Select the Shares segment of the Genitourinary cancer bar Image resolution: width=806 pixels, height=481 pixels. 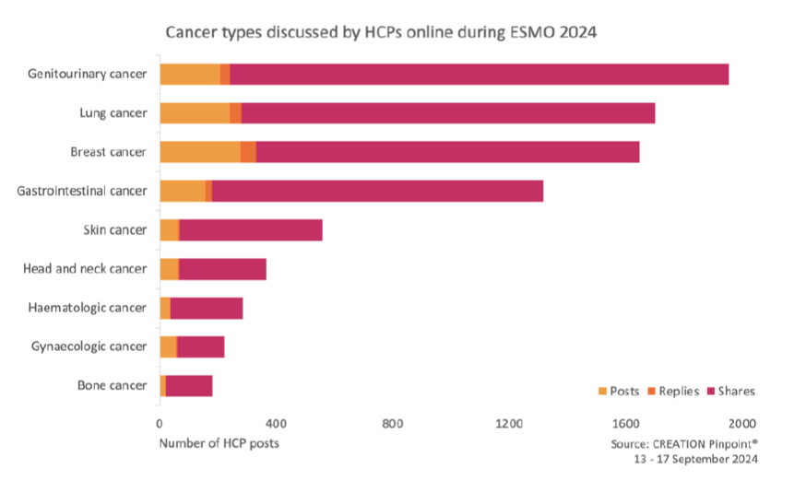[x=480, y=74]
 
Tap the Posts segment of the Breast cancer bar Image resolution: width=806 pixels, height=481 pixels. [x=200, y=152]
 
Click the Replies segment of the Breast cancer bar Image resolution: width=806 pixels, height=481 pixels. [x=248, y=152]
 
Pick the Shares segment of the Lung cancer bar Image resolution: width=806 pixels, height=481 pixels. [x=447, y=113]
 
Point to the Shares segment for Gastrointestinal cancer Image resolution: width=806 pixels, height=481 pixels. [x=377, y=191]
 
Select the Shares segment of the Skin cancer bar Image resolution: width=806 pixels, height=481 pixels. [x=251, y=229]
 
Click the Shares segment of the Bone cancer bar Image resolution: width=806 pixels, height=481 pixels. [x=189, y=385]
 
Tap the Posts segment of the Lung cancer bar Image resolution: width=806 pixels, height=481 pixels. [x=195, y=113]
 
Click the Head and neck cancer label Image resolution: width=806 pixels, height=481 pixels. [x=85, y=268]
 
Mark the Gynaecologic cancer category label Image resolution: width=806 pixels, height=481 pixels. [x=88, y=346]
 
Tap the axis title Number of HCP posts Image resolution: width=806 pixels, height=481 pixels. [x=219, y=443]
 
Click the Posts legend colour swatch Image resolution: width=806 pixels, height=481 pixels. [x=603, y=392]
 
